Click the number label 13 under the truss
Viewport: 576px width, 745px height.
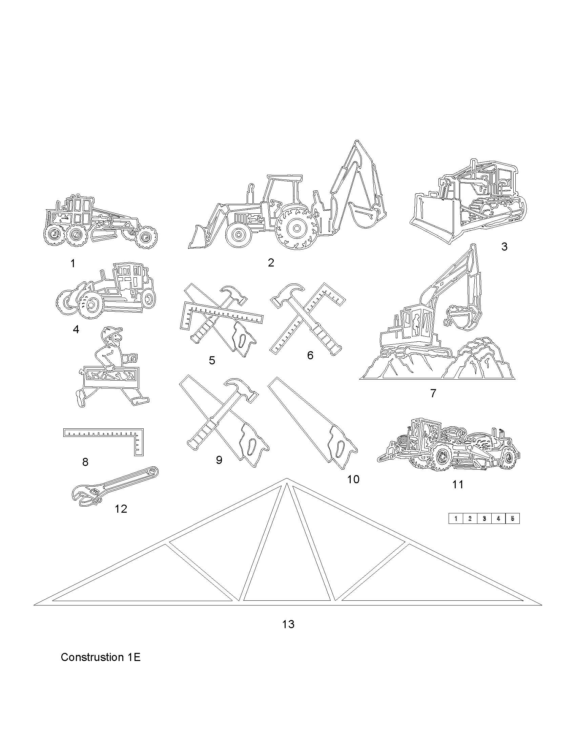[288, 624]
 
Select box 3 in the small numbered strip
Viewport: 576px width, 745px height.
[484, 519]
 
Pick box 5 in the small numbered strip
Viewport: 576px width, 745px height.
[512, 519]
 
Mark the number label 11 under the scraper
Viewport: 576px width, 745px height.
[458, 484]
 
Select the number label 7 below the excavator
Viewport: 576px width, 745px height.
[433, 393]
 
